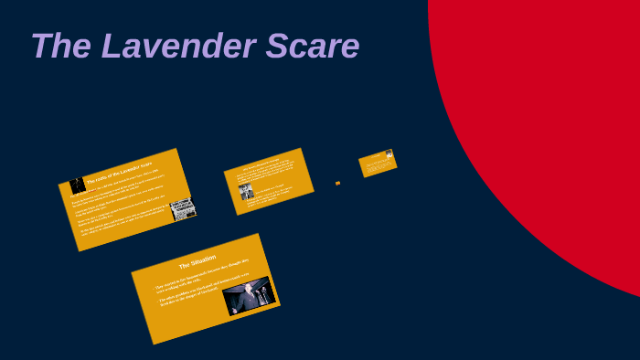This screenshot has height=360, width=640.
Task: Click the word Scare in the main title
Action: pyautogui.click(x=312, y=47)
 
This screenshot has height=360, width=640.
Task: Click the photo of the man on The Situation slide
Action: pyautogui.click(x=249, y=296)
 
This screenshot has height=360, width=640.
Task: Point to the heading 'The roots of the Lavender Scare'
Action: pyautogui.click(x=119, y=172)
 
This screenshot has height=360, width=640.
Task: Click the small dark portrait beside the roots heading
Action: pyautogui.click(x=78, y=185)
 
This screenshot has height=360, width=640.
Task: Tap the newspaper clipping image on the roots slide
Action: pyautogui.click(x=183, y=209)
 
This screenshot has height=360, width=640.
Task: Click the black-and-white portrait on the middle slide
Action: pyautogui.click(x=246, y=191)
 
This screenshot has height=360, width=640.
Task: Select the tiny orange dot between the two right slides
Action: pyautogui.click(x=337, y=183)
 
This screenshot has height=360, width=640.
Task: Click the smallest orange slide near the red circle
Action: pyautogui.click(x=377, y=164)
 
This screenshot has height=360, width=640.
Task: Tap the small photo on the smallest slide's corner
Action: pyautogui.click(x=389, y=154)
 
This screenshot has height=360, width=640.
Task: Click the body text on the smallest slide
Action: pyautogui.click(x=375, y=165)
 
